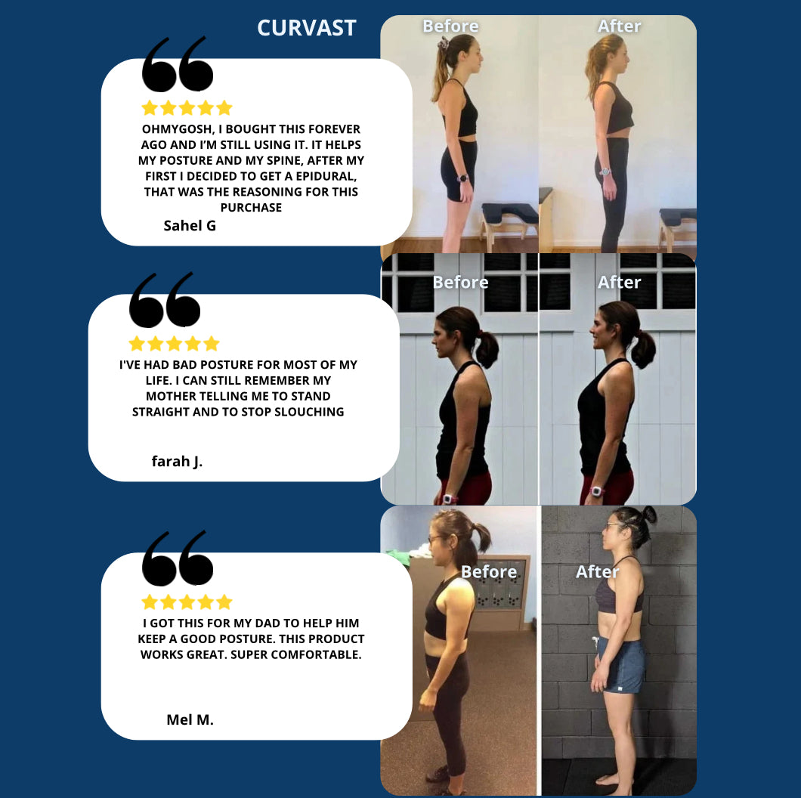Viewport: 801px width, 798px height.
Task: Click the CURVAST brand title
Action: [307, 28]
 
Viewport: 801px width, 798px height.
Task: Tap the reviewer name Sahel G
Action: [190, 225]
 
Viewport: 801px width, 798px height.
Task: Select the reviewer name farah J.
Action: [177, 461]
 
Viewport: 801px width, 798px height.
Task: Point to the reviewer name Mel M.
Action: [190, 719]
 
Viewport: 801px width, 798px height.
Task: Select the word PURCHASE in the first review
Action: [251, 207]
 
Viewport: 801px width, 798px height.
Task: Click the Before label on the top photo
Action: [450, 26]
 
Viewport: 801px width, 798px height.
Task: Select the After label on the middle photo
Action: [619, 282]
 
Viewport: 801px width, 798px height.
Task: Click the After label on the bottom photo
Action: [597, 572]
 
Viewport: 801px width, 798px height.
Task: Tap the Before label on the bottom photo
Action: [489, 572]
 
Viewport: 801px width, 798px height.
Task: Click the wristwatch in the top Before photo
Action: [462, 178]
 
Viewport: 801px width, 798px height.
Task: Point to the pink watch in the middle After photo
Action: [596, 491]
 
